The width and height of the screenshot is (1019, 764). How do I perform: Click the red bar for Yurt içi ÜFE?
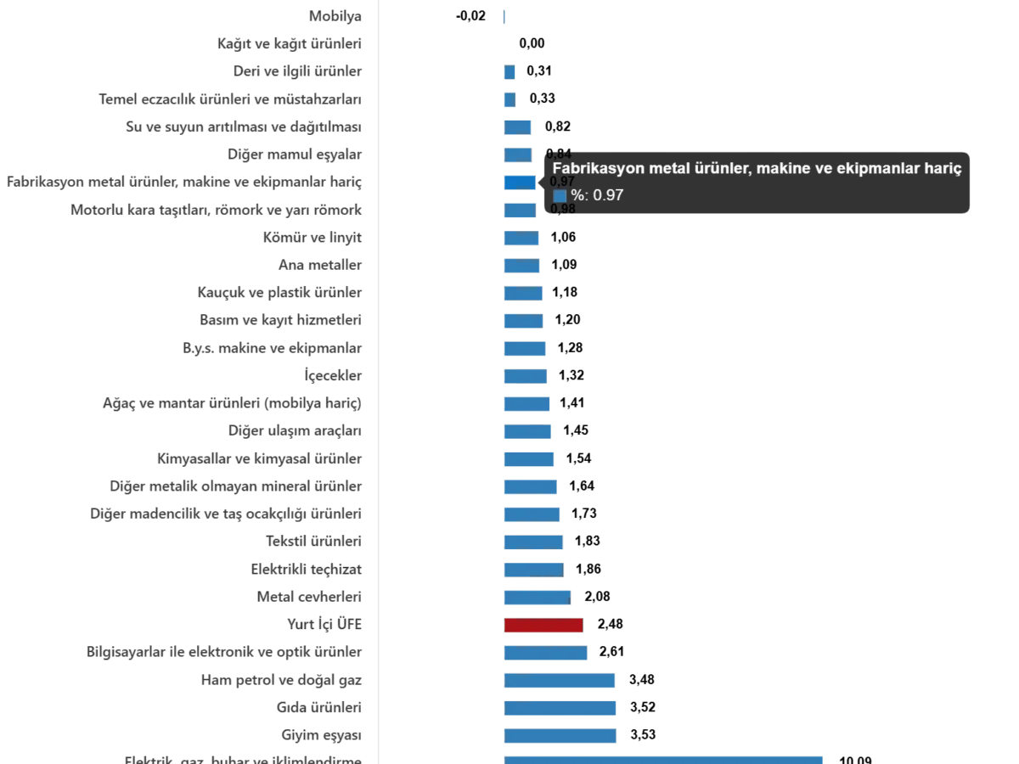543,626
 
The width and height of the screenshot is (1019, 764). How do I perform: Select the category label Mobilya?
337,16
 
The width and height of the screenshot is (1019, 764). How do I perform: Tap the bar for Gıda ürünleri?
560,707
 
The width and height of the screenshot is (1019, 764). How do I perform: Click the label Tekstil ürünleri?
315,541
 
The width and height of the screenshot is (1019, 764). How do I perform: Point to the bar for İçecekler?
526,375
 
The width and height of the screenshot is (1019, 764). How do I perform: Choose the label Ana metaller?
321,266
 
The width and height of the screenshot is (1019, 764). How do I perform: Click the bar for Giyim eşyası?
560,735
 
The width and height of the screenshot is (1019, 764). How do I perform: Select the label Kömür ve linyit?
312,238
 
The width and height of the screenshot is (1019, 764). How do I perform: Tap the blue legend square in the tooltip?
560,195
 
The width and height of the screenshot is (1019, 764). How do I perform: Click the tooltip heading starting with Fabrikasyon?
757,169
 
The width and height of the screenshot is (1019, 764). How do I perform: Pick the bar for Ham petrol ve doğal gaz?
560,681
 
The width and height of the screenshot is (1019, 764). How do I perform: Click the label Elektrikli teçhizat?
308,569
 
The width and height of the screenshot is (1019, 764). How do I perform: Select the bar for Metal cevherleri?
538,598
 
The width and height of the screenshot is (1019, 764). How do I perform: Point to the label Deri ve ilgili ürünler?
298,71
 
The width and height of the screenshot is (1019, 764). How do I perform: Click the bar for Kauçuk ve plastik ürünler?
522,294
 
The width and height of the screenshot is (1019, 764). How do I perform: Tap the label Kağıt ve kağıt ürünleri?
291,43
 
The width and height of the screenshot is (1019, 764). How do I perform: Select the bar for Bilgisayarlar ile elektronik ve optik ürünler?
546,654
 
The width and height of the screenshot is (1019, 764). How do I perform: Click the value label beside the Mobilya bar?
472,16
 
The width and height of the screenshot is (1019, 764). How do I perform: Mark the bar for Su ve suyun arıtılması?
517,127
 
